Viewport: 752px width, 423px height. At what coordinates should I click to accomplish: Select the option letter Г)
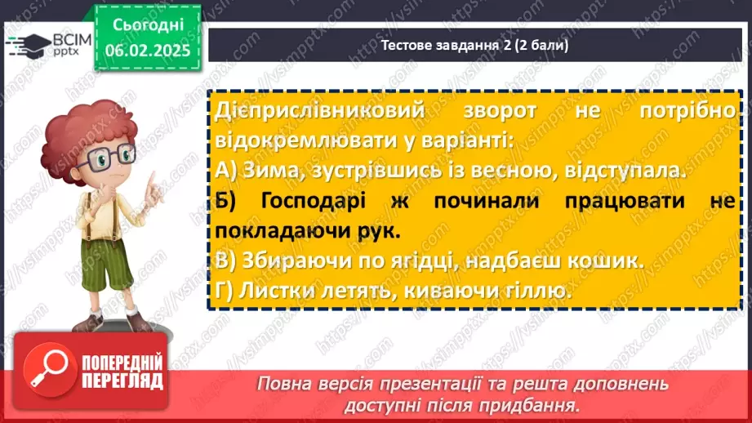point(226,291)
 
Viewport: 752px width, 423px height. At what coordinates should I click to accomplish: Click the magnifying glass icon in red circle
point(51,372)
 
